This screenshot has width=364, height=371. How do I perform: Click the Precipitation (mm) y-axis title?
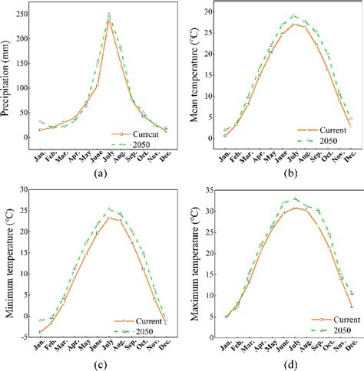point(7,73)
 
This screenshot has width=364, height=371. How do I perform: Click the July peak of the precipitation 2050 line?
point(109,14)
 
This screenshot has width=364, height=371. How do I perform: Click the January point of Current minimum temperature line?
point(40,332)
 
